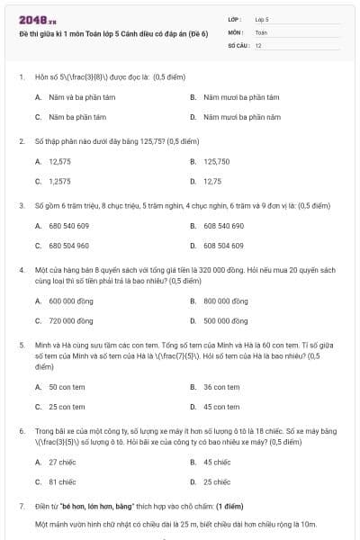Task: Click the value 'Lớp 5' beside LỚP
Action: pos(262,18)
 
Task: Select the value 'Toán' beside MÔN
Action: pos(261,31)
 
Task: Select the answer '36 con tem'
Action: pos(221,387)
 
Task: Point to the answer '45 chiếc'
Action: pos(218,462)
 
